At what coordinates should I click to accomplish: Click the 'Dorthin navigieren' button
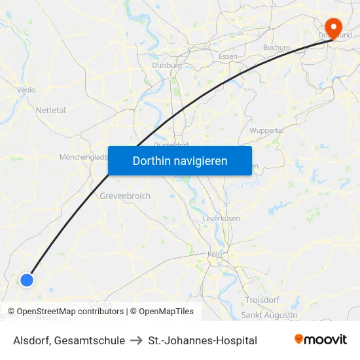coord(180,161)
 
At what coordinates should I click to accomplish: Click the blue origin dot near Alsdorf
coord(27,279)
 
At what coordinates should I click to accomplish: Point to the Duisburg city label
coord(167,65)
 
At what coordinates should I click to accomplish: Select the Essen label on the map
coord(228,56)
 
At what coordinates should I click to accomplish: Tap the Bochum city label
coord(276,48)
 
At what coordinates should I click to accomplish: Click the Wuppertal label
coord(266,130)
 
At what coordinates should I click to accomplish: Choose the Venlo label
coord(26,90)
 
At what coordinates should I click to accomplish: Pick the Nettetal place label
coord(51,111)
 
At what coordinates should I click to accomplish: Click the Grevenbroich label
coord(125,196)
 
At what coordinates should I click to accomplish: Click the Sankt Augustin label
coord(270,315)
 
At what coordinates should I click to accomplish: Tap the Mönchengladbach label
coord(84,157)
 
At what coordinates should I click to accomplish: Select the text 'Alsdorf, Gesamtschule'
coord(69,340)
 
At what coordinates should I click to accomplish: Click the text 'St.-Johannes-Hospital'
coord(203,340)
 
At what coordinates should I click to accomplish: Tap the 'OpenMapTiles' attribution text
coord(166,312)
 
